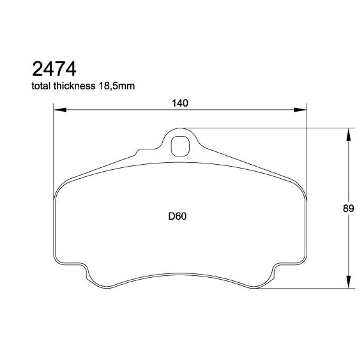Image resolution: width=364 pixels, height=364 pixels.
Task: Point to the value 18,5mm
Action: point(118,86)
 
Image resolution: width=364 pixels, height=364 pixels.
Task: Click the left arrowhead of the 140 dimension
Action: point(59,111)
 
